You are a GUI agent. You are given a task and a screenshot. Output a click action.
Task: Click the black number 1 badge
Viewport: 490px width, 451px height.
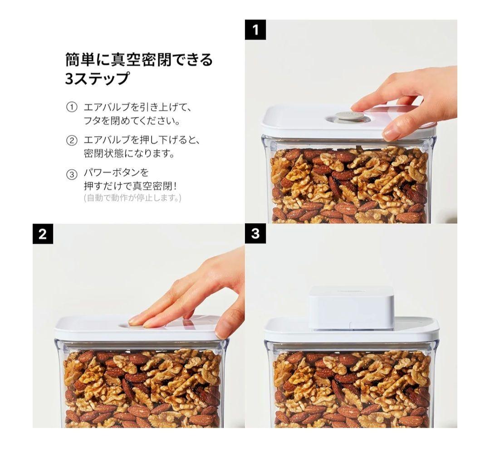point(255,30)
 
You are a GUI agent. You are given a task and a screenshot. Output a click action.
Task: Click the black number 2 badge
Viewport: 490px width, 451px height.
point(43,234)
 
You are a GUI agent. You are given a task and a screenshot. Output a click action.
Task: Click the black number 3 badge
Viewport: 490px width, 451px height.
point(255,234)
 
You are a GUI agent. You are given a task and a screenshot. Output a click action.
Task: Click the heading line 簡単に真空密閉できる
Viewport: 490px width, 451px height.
point(139,59)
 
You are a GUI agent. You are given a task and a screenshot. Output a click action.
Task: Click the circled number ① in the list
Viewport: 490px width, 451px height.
point(72,108)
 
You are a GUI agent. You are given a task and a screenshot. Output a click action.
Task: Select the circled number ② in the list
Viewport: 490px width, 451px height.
point(72,140)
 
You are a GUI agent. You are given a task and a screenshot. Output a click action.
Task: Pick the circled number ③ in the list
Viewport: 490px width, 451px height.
point(72,174)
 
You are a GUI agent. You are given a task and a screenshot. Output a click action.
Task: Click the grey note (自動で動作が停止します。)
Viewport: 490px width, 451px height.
point(132,198)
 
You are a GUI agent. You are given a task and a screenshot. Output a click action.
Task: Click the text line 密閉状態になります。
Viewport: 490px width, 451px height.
point(129,154)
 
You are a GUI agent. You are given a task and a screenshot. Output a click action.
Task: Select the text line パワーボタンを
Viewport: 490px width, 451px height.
point(116,173)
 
